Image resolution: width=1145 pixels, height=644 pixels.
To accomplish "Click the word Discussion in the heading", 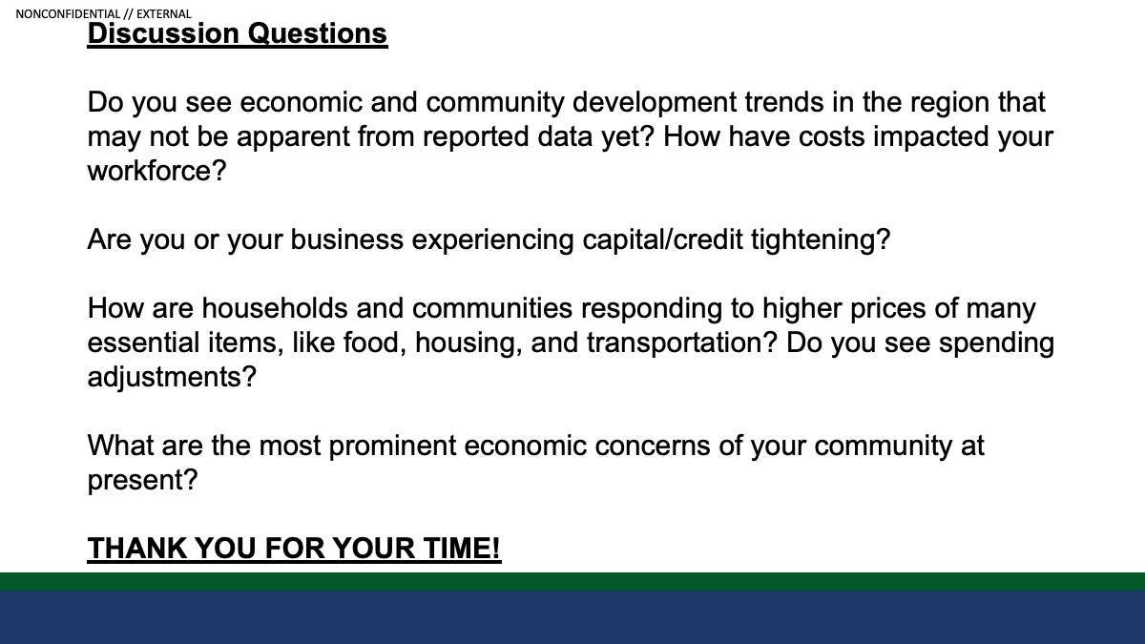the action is [163, 33].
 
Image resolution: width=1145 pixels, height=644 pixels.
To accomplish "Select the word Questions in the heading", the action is [318, 34].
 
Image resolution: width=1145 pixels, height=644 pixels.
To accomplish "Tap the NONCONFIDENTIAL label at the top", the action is [68, 13].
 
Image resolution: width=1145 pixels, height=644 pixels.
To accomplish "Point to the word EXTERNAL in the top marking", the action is [163, 13].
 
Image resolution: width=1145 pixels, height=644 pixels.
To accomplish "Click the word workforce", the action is [156, 171].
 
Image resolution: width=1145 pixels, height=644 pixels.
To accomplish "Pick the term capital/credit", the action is [662, 239].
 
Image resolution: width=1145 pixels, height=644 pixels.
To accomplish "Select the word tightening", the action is [821, 239].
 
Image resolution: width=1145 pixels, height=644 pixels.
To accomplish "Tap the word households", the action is [275, 308].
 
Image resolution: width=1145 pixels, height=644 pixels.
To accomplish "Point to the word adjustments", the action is [171, 377].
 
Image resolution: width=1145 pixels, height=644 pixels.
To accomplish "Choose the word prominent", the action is [392, 446].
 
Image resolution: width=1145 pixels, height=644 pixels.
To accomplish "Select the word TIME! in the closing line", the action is [462, 549].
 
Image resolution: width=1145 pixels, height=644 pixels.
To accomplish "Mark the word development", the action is [655, 102].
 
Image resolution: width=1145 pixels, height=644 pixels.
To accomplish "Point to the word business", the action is [347, 239].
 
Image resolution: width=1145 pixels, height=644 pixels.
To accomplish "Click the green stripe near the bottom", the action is [572, 582].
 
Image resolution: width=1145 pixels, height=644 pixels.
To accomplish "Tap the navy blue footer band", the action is [572, 617].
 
